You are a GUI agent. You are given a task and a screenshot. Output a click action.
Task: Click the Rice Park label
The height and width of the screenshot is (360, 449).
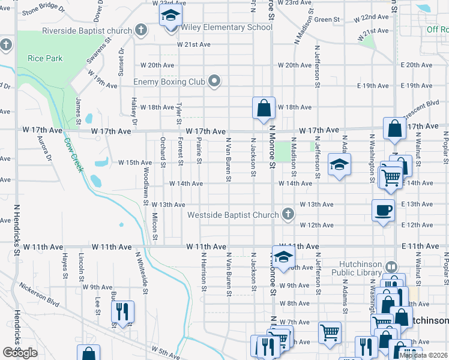click(40, 58)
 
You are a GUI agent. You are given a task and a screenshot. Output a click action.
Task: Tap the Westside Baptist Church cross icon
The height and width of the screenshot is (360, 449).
click(289, 214)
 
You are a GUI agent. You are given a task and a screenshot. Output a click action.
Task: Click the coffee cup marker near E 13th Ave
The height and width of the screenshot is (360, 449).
click(383, 210)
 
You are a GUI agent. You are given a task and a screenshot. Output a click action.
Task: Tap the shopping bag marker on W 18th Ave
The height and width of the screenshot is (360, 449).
click(263, 109)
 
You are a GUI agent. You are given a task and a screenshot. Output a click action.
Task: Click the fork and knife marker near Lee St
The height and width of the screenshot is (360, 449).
click(122, 311)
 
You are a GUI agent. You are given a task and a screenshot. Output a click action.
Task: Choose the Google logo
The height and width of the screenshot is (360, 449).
click(20, 353)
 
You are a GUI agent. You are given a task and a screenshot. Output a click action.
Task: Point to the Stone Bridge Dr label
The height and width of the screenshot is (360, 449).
click(43, 10)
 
